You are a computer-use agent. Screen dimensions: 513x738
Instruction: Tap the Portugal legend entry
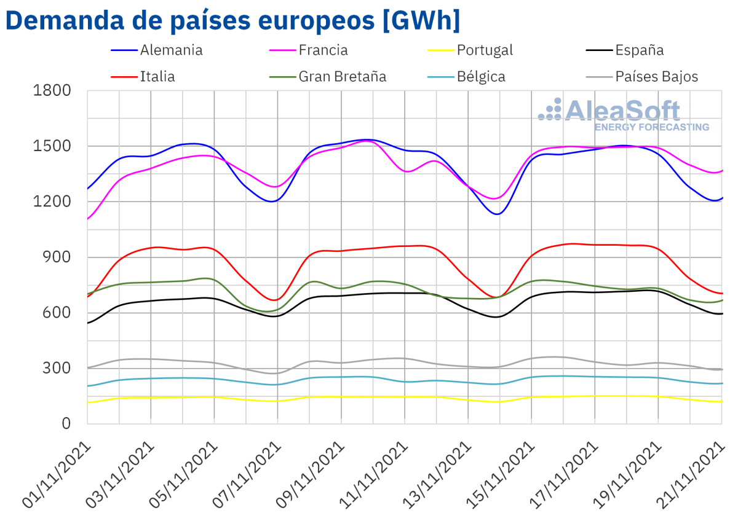[x=485, y=50]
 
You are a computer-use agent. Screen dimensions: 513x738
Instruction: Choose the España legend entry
[x=640, y=50]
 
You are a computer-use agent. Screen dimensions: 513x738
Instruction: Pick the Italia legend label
[x=157, y=77]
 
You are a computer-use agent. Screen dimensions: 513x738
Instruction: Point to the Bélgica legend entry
[x=481, y=77]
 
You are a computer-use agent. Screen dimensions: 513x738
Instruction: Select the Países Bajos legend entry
[x=657, y=77]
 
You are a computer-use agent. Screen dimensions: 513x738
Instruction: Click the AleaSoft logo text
[x=621, y=111]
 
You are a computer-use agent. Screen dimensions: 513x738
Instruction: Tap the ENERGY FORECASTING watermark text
[x=651, y=127]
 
